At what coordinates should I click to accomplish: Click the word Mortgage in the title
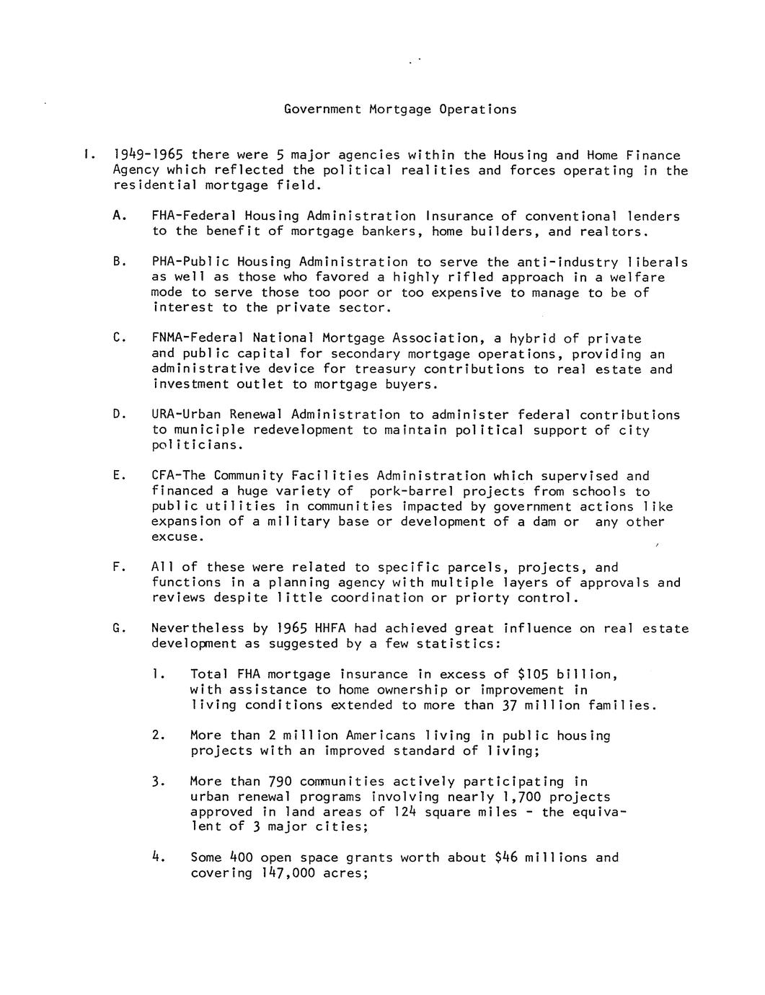(399, 110)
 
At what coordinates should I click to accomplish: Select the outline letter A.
(118, 216)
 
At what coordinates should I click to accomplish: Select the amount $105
(534, 675)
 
